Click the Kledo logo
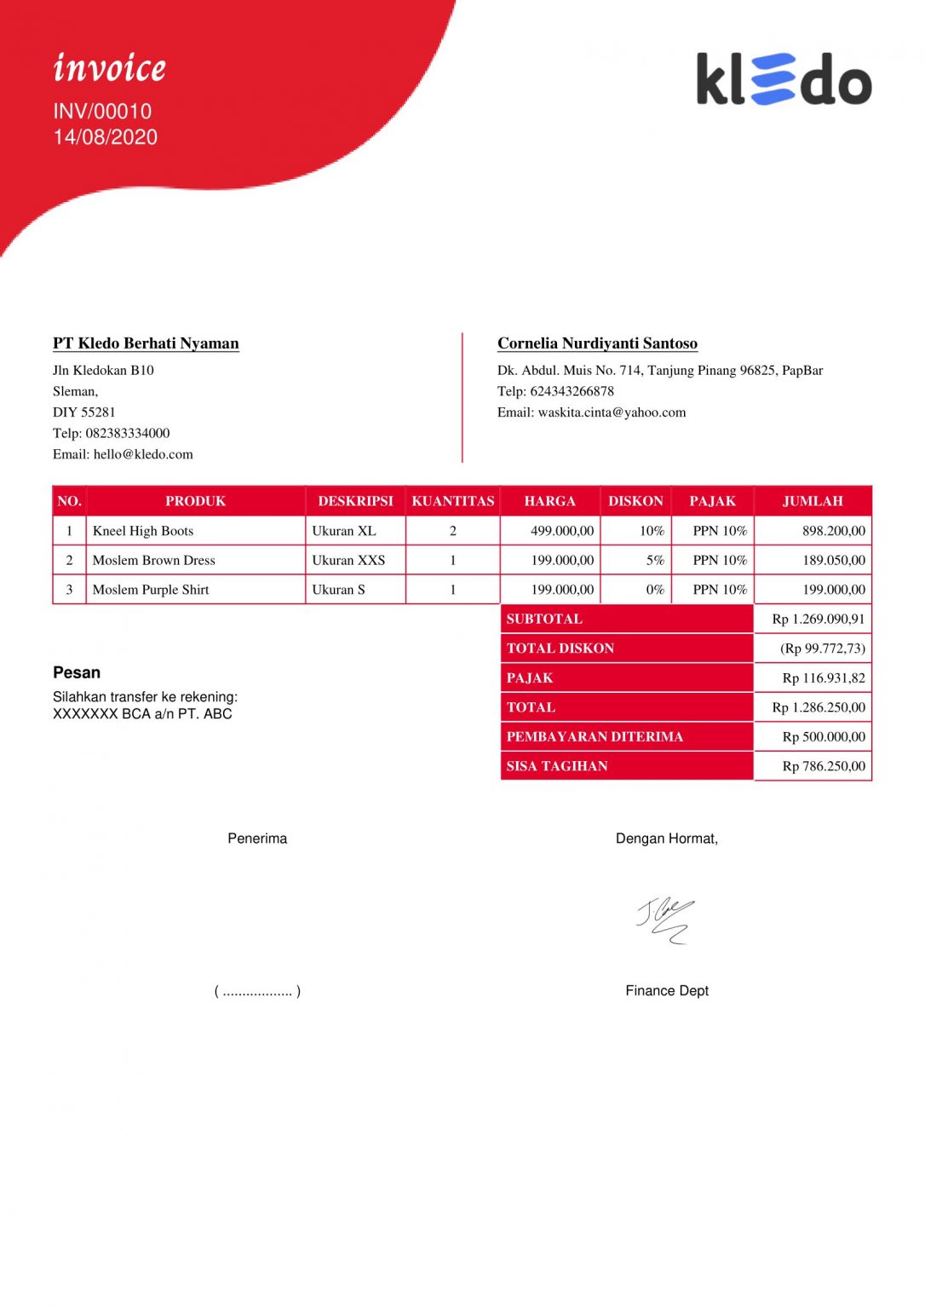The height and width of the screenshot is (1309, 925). pyautogui.click(x=784, y=79)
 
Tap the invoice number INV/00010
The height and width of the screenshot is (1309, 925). pyautogui.click(x=102, y=112)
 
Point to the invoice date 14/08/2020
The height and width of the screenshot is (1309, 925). pyautogui.click(x=106, y=137)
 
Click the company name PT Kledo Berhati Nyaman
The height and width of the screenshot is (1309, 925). pyautogui.click(x=146, y=343)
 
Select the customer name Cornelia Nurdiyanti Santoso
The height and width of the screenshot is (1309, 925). pyautogui.click(x=597, y=343)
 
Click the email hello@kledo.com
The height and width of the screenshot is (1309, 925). pyautogui.click(x=143, y=454)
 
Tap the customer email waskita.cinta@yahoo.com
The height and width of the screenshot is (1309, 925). pyautogui.click(x=612, y=412)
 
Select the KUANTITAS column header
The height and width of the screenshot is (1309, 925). pyautogui.click(x=452, y=501)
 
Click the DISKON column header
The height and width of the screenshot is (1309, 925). pyautogui.click(x=635, y=501)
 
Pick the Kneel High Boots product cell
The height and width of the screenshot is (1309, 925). pyautogui.click(x=143, y=531)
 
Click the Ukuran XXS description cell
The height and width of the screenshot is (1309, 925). pyautogui.click(x=348, y=560)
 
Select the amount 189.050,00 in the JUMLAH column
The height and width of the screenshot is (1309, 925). pyautogui.click(x=833, y=560)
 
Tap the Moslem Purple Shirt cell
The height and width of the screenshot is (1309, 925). pyautogui.click(x=151, y=590)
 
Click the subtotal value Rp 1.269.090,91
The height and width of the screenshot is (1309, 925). pyautogui.click(x=818, y=619)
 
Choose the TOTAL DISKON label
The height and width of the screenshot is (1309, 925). pyautogui.click(x=560, y=649)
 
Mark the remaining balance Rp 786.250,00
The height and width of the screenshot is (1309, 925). pyautogui.click(x=823, y=766)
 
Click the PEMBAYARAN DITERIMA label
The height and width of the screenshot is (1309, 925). pyautogui.click(x=595, y=736)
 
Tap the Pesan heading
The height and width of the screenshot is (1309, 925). pyautogui.click(x=77, y=672)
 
